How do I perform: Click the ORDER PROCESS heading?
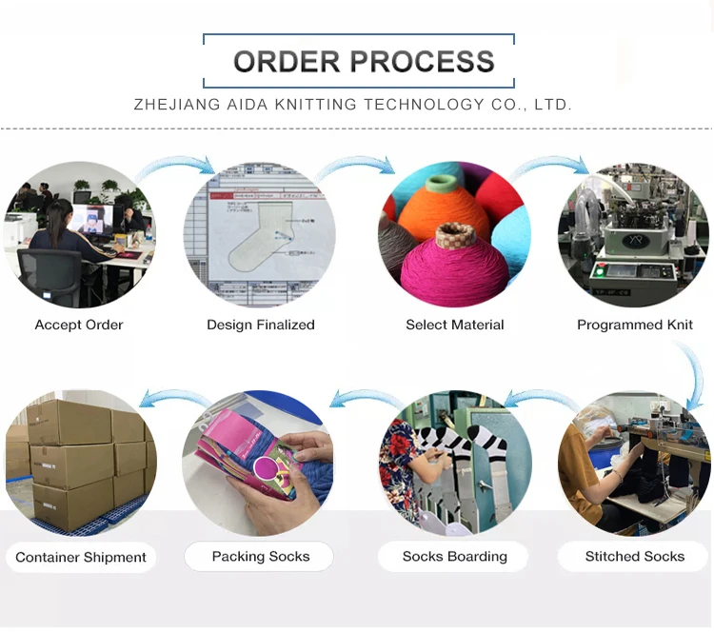[364, 62]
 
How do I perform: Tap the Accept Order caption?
[79, 325]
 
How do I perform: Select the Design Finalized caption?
[261, 325]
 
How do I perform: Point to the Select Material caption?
[455, 325]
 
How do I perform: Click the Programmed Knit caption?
[635, 325]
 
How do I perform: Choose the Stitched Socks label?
[635, 556]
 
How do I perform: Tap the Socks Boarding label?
[455, 556]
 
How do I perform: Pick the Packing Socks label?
[261, 556]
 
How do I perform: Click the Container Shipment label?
[81, 557]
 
